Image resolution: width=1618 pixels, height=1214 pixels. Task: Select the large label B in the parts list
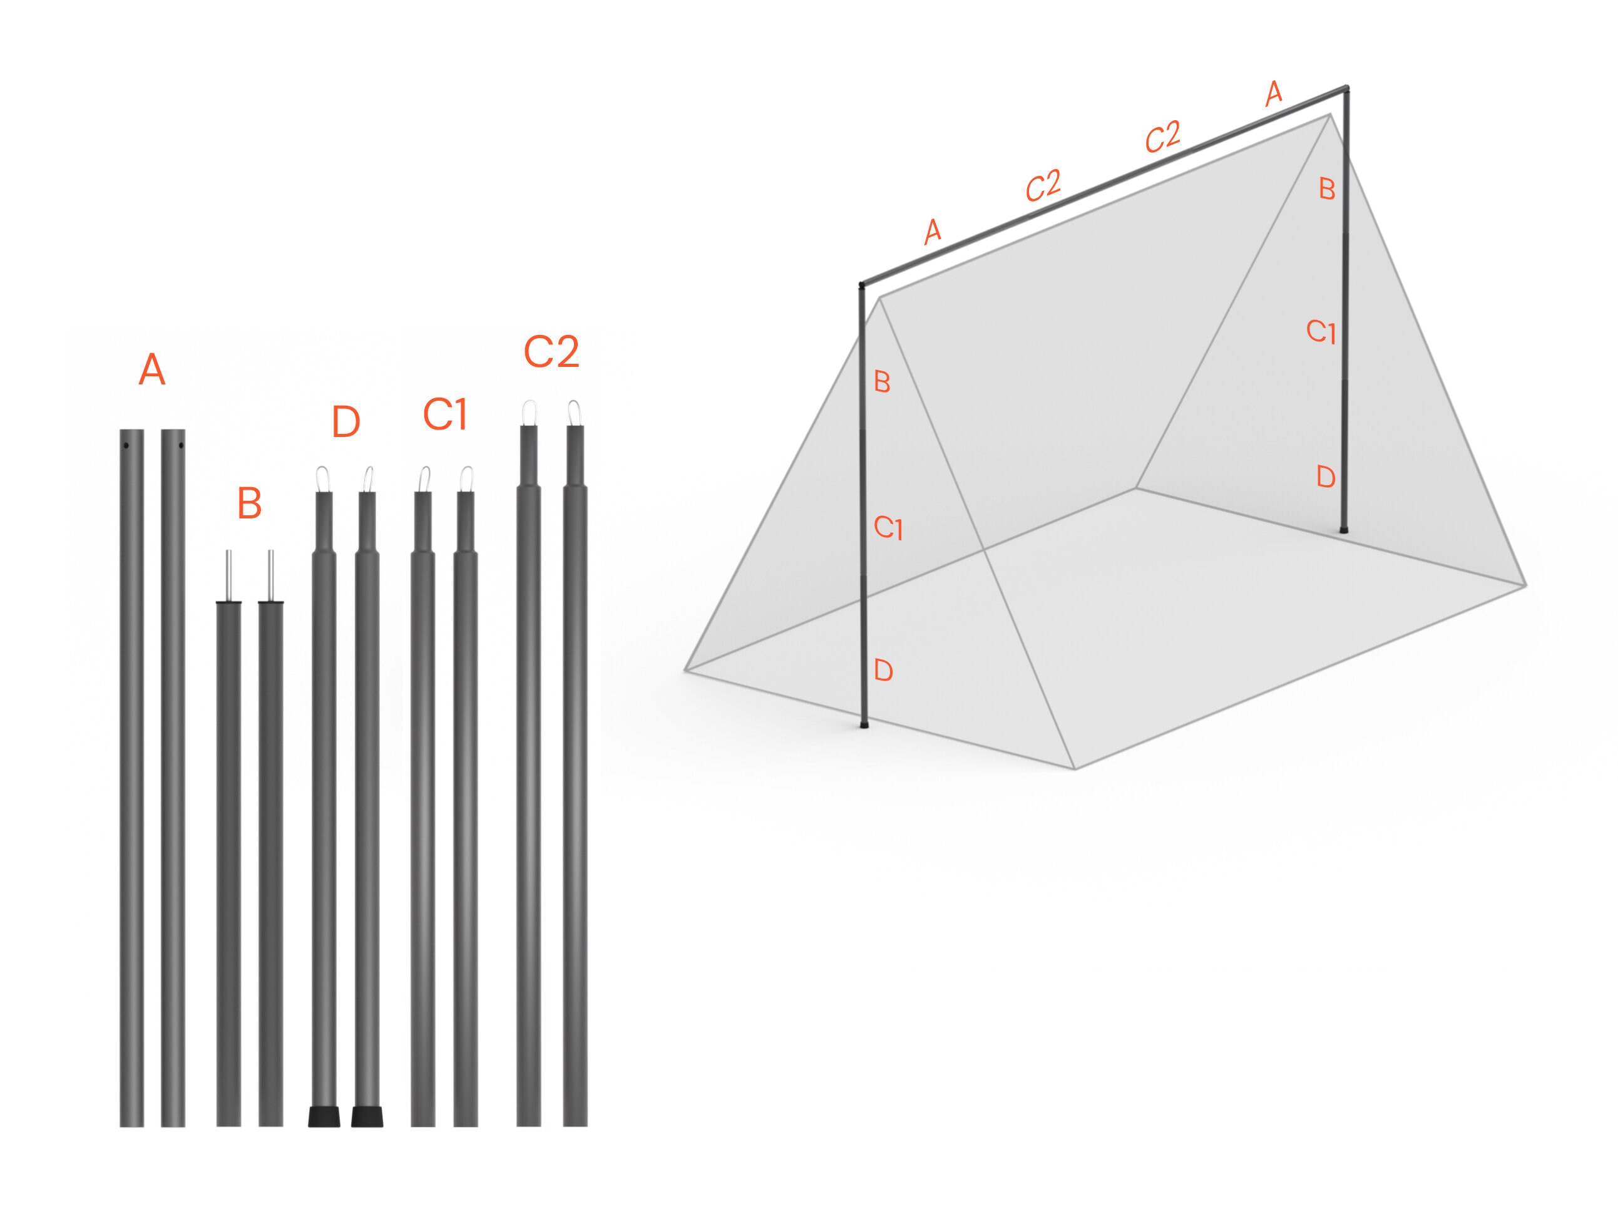pyautogui.click(x=250, y=504)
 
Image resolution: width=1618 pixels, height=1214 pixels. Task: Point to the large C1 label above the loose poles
pyautogui.click(x=445, y=415)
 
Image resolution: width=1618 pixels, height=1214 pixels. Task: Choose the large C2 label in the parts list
pyautogui.click(x=551, y=352)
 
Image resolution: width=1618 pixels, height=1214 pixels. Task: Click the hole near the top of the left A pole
pyautogui.click(x=126, y=446)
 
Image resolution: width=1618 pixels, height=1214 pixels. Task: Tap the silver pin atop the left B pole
pyautogui.click(x=229, y=575)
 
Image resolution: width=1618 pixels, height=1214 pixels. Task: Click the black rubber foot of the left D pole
pyautogui.click(x=324, y=1117)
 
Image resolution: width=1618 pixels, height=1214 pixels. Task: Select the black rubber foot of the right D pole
pyautogui.click(x=367, y=1117)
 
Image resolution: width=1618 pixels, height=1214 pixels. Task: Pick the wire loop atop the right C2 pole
pyautogui.click(x=575, y=412)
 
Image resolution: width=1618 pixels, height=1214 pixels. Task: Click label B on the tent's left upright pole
pyautogui.click(x=882, y=382)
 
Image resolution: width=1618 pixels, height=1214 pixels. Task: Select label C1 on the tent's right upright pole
pyautogui.click(x=1321, y=332)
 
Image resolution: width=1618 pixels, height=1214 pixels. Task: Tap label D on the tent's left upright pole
pyautogui.click(x=884, y=671)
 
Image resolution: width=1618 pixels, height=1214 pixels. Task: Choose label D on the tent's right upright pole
pyautogui.click(x=1326, y=477)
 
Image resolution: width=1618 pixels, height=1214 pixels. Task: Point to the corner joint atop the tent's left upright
pyautogui.click(x=863, y=285)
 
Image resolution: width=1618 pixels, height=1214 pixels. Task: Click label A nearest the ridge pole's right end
pyautogui.click(x=1274, y=94)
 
